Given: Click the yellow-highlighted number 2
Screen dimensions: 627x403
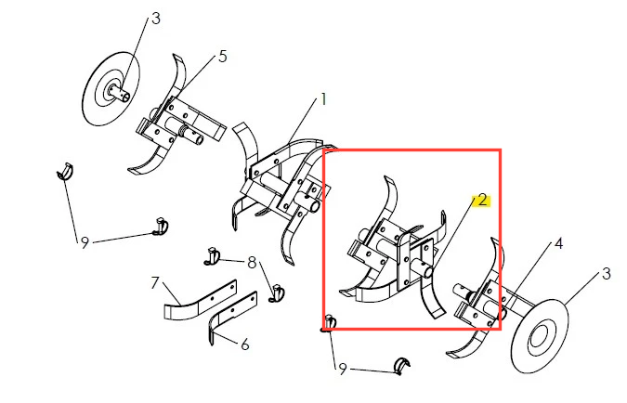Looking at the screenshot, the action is coord(483,200).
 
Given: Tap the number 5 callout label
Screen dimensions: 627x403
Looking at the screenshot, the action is coord(223,57).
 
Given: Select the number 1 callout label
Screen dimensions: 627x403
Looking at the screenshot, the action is coord(323,99).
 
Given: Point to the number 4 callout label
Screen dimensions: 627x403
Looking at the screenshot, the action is coord(558,243).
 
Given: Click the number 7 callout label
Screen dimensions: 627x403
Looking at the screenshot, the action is coord(155,282).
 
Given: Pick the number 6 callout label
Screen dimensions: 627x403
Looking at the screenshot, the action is coord(245,344).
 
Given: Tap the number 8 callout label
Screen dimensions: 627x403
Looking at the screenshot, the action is coord(252,263).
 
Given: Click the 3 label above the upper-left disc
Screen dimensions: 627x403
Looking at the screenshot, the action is coord(155,18).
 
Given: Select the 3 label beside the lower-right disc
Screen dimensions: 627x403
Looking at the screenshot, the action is coord(607,274).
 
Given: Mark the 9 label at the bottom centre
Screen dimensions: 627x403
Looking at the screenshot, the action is coord(342,370).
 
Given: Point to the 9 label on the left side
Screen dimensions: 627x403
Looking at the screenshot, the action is coord(85,242).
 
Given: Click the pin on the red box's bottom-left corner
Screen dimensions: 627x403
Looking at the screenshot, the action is coord(330,323).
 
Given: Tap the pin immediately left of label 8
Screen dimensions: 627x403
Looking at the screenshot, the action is coord(212,256).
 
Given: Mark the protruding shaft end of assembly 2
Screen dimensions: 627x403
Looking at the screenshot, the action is coord(426,270).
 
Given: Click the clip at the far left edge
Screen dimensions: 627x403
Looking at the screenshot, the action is coord(65,171).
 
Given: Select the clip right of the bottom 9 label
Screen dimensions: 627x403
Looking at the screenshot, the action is coord(402,366).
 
